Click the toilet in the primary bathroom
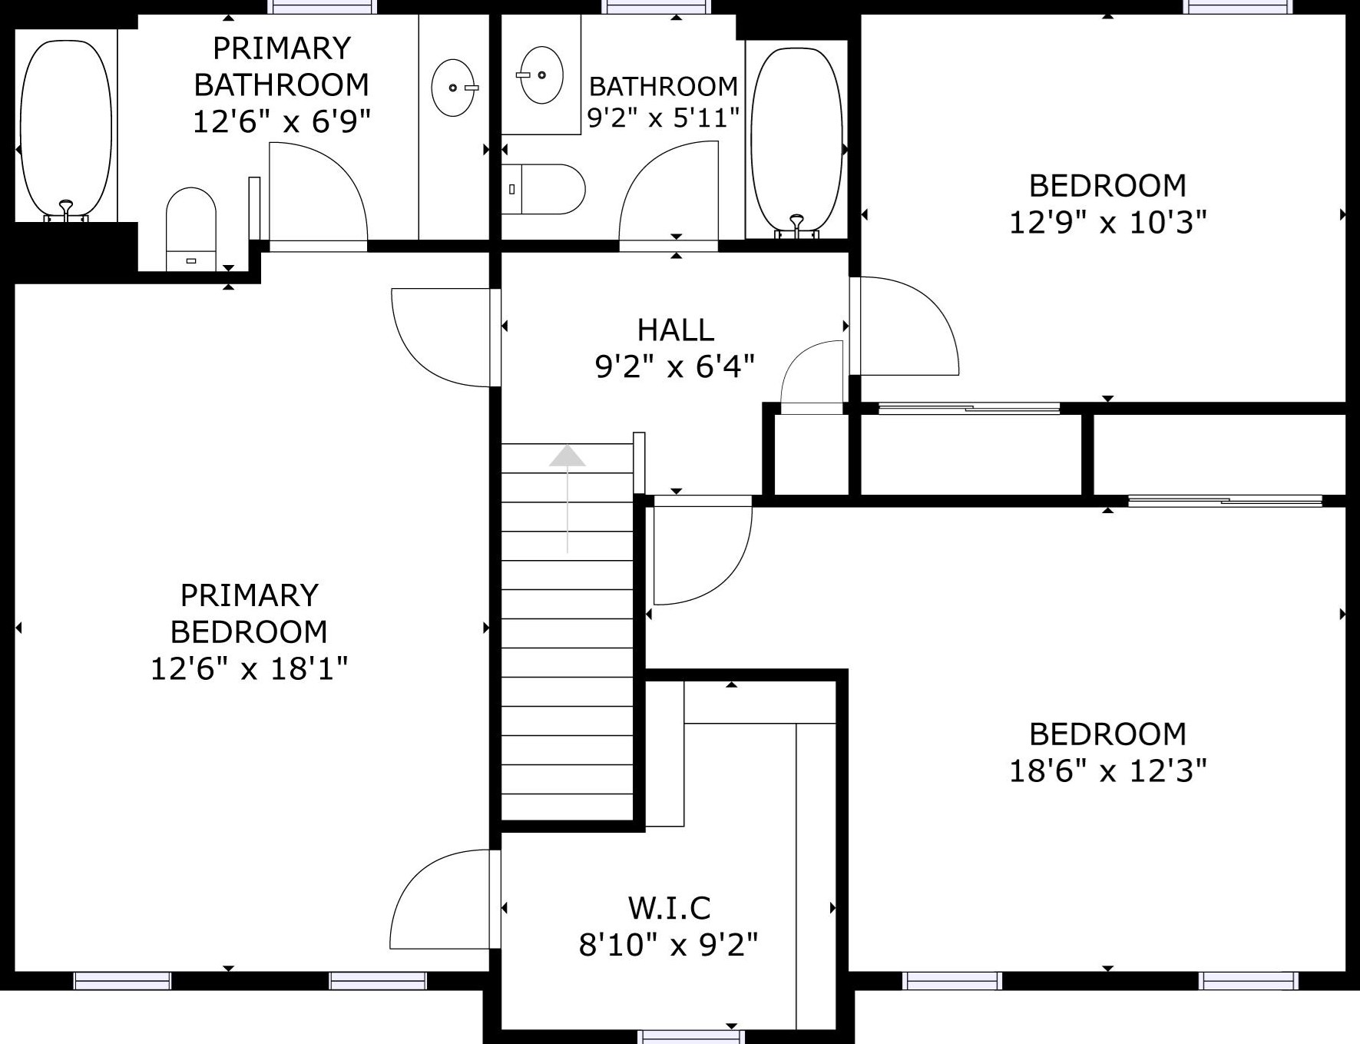(191, 228)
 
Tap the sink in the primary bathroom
(455, 88)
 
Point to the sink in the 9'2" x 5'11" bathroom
(541, 75)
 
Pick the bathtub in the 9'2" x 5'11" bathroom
(796, 140)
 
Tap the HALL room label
(676, 330)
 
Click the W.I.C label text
(670, 908)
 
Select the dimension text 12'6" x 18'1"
(249, 668)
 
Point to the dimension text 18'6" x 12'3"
(1107, 770)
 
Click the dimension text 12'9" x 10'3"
(1107, 222)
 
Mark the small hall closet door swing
(812, 376)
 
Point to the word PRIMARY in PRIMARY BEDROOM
(250, 595)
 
